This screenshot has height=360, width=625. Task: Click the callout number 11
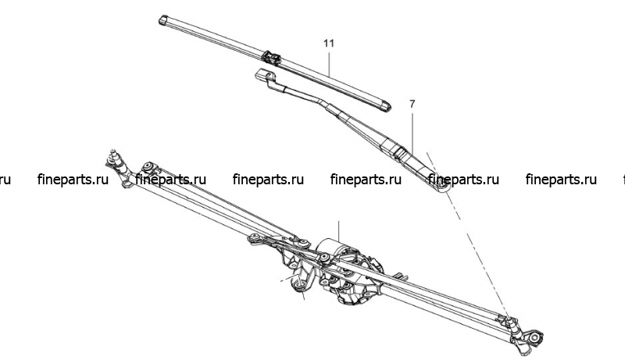pos(328,43)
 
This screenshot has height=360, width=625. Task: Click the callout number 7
pos(412,104)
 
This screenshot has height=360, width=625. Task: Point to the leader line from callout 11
pos(329,63)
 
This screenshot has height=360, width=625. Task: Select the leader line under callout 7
pos(412,132)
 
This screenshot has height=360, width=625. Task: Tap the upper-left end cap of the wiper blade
pos(164,20)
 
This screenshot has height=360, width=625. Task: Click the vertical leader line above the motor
pos(338,230)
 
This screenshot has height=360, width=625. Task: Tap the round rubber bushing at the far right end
pos(535,337)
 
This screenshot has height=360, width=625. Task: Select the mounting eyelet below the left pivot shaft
pos(127,184)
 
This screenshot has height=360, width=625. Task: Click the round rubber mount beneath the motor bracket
pos(299,285)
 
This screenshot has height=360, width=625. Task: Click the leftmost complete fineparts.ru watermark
pos(73,180)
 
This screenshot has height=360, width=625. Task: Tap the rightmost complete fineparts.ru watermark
pos(561,180)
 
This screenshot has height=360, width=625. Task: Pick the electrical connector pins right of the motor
pos(401,276)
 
